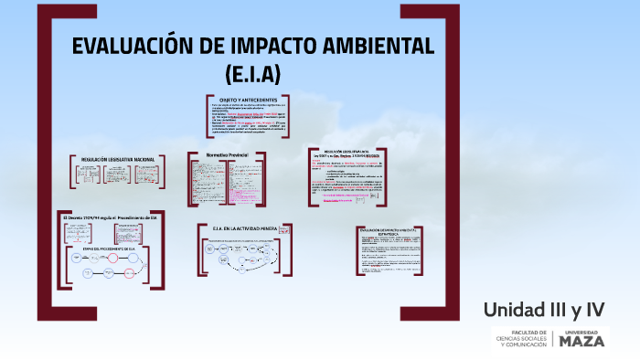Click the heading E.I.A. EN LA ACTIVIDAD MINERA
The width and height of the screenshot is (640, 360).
click(x=246, y=228)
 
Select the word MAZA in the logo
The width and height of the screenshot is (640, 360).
click(x=581, y=341)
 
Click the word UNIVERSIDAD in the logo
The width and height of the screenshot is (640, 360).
click(x=581, y=331)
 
